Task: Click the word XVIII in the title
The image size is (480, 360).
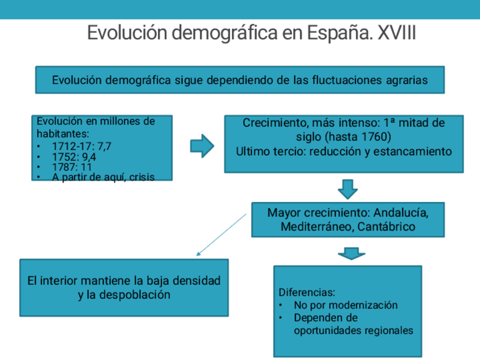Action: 396,33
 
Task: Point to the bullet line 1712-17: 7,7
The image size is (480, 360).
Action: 82,146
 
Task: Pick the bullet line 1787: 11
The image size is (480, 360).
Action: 72,167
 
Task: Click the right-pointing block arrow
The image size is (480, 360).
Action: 202,146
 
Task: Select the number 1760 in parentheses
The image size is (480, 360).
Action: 372,137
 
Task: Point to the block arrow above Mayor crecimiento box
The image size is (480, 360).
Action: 347,188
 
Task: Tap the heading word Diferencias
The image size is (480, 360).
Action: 307,293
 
